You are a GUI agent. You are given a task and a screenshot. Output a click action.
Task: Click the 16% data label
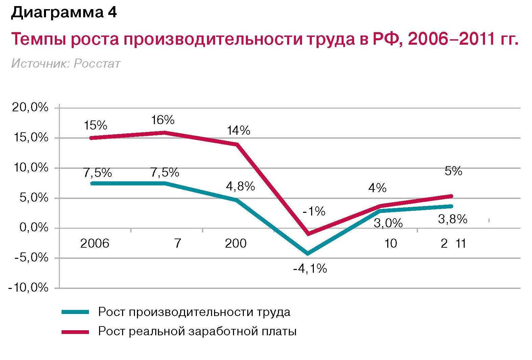tap(163, 120)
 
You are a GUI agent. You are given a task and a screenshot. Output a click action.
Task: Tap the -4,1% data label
tap(310, 269)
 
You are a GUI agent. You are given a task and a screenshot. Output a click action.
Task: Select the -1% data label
tap(314, 212)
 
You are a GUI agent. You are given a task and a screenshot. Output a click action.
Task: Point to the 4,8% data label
tap(240, 186)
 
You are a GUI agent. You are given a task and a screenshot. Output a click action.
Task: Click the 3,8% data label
tap(453, 219)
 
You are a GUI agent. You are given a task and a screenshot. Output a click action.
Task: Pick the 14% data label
tap(238, 131)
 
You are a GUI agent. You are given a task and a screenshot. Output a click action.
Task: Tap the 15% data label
tap(95, 126)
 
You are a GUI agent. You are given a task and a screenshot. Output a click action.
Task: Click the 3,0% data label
tap(388, 223)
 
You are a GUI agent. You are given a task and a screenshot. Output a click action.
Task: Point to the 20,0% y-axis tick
tap(30, 108)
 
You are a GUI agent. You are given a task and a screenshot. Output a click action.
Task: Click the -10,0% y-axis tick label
tap(28, 288)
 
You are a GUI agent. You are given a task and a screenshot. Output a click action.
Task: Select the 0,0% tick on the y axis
tap(34, 228)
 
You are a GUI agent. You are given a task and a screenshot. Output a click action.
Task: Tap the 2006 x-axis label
tap(95, 243)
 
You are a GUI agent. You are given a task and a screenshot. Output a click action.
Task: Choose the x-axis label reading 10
tap(391, 243)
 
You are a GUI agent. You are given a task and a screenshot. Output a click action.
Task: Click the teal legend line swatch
tap(75, 312)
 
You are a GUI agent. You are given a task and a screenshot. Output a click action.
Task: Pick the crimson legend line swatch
tap(75, 332)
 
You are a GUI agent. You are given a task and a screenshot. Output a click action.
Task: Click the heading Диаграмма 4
tap(64, 13)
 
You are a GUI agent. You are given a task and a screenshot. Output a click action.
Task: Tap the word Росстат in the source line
tap(97, 64)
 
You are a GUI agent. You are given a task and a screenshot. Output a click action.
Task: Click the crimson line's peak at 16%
tap(164, 132)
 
